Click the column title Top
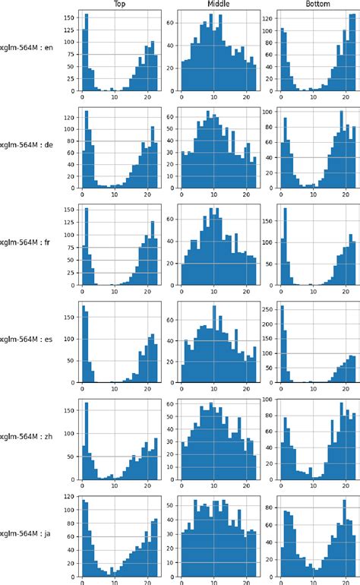coord(119,4)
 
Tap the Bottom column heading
coord(318,4)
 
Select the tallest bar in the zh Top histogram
coord(87,441)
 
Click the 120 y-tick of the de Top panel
coord(69,118)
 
